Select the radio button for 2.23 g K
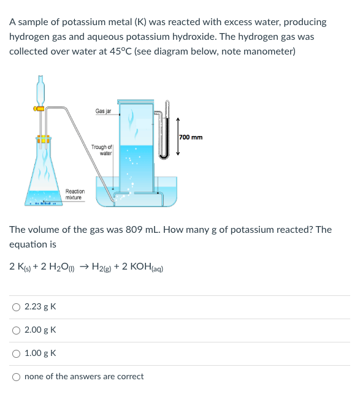click(x=16, y=306)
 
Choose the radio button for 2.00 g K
click(x=16, y=330)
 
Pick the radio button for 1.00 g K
click(x=16, y=353)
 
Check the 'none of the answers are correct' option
click(x=16, y=376)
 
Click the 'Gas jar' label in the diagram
click(x=103, y=111)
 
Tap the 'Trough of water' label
click(x=102, y=150)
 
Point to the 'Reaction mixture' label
click(x=75, y=194)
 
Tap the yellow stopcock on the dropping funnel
click(x=39, y=109)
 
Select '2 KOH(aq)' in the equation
click(x=139, y=267)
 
